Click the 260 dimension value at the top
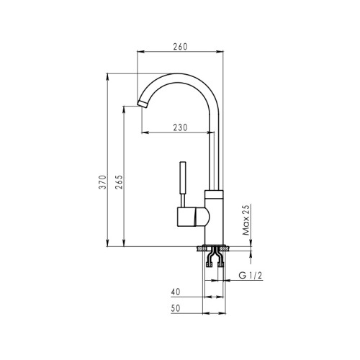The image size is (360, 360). coord(180,47)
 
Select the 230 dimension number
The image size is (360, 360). coord(180,127)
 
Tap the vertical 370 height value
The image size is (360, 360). coord(103,182)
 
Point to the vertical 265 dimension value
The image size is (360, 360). coord(119,182)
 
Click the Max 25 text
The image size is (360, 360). coord(246,220)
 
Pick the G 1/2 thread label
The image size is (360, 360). coord(251,275)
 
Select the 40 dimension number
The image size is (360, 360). coord(176,292)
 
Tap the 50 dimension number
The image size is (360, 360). coord(176,308)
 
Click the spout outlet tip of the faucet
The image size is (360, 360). coord(143,104)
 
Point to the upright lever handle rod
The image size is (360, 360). coord(183,178)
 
